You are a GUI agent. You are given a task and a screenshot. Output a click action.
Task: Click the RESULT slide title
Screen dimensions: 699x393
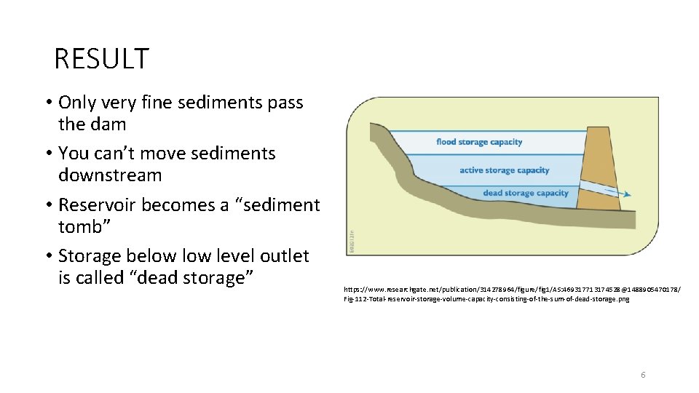tap(101, 59)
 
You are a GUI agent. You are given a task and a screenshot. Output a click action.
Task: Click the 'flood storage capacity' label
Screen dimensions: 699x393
tap(479, 142)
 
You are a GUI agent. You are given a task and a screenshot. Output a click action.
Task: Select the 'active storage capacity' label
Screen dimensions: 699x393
tap(504, 170)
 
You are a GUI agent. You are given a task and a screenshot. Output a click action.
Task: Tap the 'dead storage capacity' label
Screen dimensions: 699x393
tap(525, 193)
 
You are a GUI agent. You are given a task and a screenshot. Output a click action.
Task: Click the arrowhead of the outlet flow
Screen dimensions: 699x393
tap(627, 194)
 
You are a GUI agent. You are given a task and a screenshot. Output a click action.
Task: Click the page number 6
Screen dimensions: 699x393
tap(643, 375)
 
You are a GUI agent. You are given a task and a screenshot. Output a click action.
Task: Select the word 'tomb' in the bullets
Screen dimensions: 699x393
tap(81, 227)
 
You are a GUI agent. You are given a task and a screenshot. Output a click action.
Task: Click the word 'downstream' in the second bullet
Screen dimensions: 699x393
tap(110, 175)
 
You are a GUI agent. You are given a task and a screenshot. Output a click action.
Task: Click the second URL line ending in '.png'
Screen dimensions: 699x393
tap(486, 299)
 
